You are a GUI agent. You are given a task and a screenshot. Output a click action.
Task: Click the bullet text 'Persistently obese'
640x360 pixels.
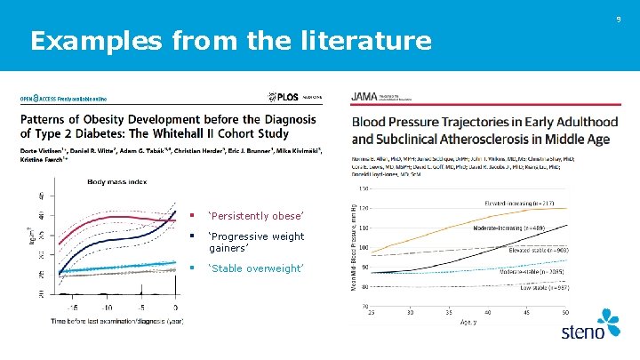click(x=256, y=216)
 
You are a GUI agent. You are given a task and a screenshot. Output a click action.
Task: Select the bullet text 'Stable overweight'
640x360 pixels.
click(x=256, y=268)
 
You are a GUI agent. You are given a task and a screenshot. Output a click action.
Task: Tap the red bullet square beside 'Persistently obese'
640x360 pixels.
click(x=191, y=216)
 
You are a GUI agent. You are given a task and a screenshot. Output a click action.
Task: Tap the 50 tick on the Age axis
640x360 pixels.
click(x=564, y=312)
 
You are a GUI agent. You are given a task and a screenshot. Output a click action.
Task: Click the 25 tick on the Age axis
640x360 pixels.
click(x=372, y=312)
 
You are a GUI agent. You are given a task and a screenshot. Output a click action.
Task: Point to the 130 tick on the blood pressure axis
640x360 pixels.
click(x=364, y=188)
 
